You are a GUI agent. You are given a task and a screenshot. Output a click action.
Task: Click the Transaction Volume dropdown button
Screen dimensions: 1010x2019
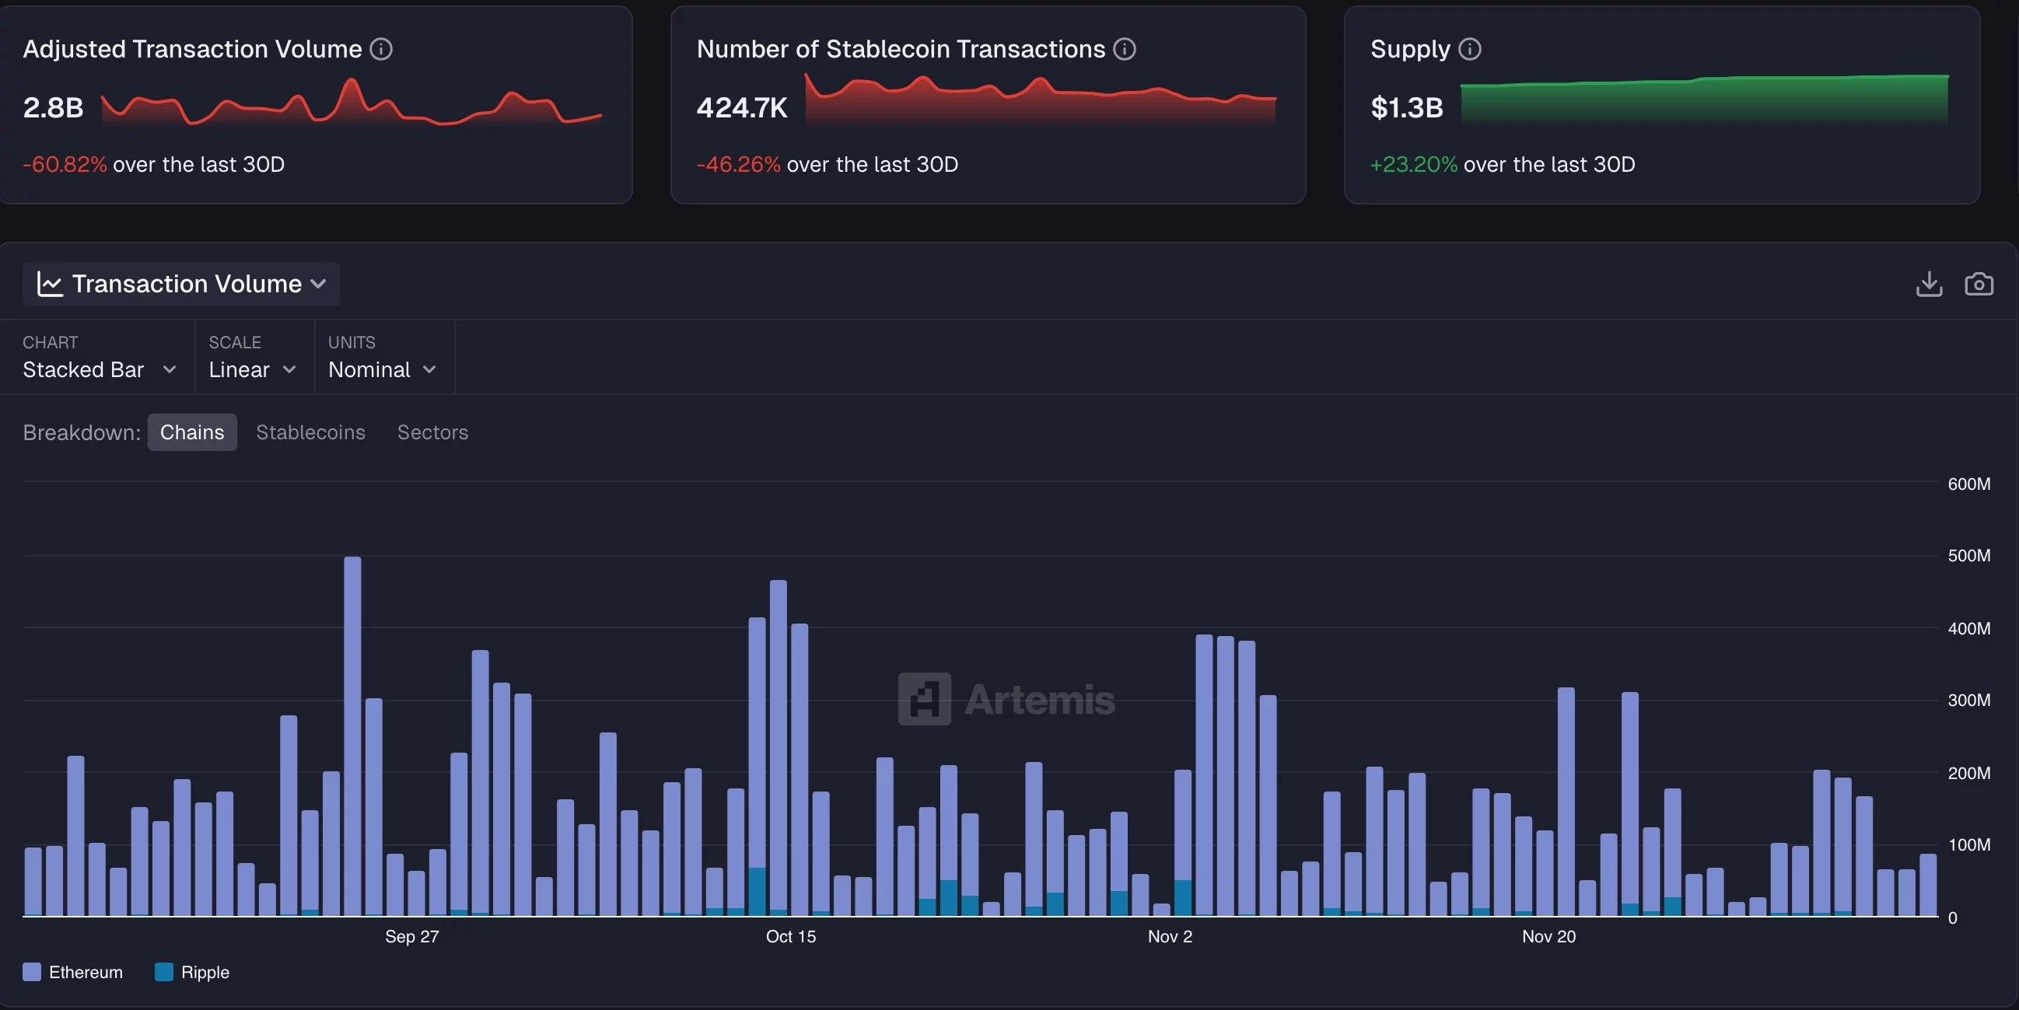181,284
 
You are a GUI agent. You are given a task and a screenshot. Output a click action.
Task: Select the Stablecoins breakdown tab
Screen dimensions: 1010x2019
310,432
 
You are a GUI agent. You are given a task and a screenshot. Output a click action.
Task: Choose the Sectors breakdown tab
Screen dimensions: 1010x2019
432,432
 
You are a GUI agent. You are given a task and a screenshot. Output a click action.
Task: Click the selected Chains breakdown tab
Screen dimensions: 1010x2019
192,432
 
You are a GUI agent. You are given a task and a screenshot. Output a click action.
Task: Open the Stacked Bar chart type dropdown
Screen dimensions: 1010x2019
99,369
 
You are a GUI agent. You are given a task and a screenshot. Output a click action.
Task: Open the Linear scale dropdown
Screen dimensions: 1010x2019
251,369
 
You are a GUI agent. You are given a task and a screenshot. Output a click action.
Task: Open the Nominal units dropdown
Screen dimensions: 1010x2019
382,369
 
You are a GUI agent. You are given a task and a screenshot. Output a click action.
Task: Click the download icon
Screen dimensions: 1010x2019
1929,284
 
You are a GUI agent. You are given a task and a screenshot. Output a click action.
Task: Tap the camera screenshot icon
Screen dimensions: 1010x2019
1979,284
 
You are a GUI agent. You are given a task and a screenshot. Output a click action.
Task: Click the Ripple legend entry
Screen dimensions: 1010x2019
193,972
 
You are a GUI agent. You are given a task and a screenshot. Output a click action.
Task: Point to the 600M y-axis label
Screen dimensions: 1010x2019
1968,484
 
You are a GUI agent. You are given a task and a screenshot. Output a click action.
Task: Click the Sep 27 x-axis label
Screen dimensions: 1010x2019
411,936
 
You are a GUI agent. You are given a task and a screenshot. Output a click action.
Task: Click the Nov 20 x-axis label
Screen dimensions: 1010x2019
1548,936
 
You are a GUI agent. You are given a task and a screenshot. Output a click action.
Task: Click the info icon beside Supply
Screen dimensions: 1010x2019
1469,49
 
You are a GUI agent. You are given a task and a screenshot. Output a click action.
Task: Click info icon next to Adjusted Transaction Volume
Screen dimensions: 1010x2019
381,49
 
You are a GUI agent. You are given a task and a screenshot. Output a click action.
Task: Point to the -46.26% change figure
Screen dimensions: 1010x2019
738,165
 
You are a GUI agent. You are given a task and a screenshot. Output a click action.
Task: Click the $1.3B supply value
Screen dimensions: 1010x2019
1406,107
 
